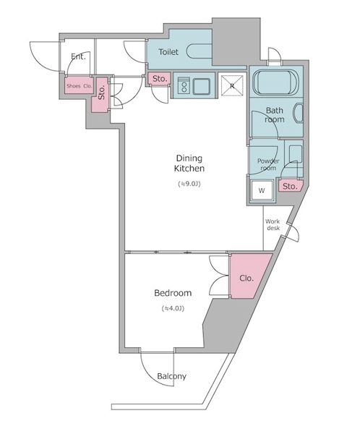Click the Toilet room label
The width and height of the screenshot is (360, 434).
tap(168, 52)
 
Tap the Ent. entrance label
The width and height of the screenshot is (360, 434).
tap(78, 56)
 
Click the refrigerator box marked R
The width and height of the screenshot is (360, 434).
tap(232, 85)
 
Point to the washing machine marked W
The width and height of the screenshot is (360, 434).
tap(262, 190)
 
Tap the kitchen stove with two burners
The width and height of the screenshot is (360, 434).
tap(183, 86)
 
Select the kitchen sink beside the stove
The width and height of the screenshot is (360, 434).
tap(202, 86)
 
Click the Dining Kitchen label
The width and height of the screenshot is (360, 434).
tap(189, 163)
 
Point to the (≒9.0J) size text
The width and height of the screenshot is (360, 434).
tap(189, 184)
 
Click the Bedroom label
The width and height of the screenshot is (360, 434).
tap(173, 293)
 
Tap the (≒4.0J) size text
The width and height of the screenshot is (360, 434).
tap(173, 308)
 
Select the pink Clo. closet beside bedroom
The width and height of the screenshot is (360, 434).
tap(248, 276)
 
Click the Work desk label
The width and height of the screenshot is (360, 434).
tap(273, 225)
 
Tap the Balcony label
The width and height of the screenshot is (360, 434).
tap(171, 376)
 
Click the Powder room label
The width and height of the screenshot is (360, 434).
tap(268, 164)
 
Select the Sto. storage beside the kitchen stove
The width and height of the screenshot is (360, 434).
tap(160, 79)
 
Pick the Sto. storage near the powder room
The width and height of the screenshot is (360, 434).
tap(291, 186)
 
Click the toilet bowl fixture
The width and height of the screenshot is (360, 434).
tap(199, 51)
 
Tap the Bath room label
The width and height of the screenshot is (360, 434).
tap(275, 115)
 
